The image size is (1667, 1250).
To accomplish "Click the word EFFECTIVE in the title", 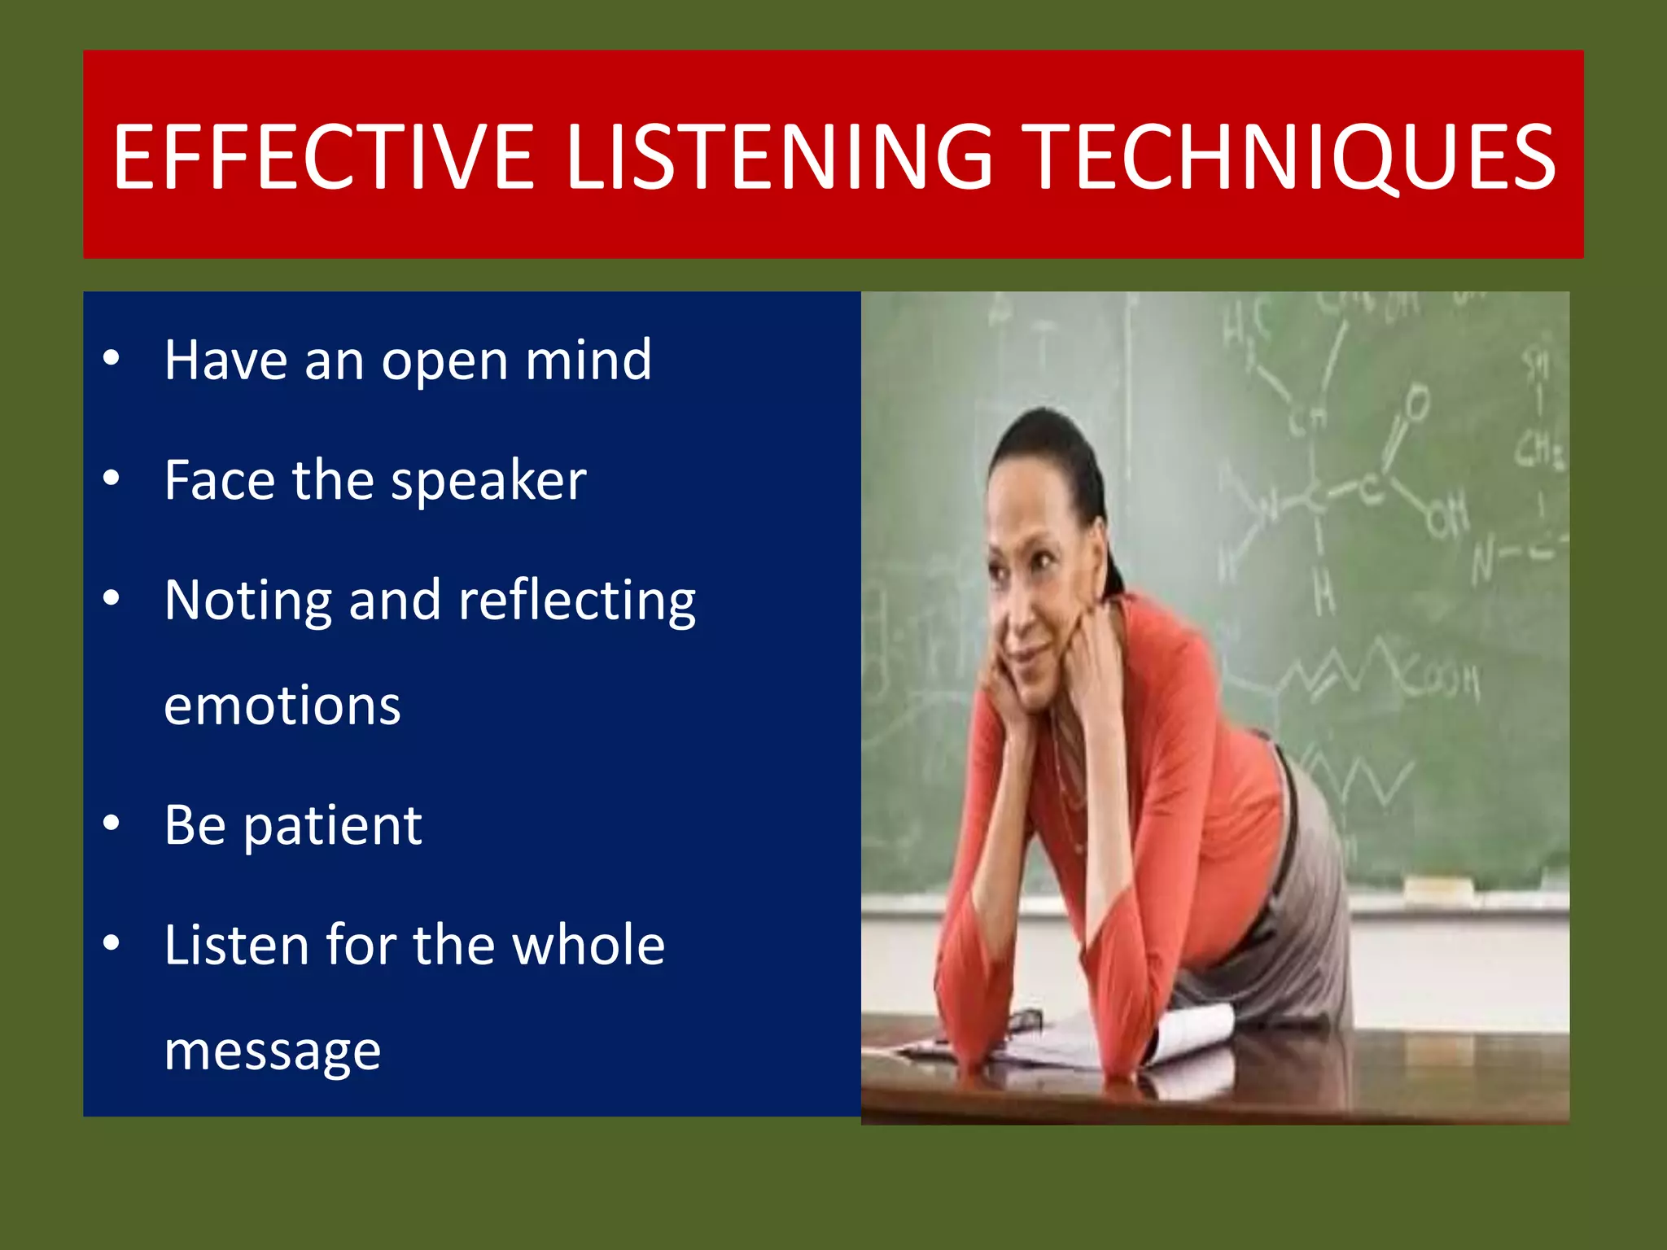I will [322, 157].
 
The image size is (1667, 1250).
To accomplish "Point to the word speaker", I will [488, 480].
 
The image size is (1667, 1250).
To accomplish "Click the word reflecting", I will [576, 601].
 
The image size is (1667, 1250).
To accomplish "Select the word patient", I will [333, 825].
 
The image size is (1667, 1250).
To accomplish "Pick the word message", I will [272, 1051].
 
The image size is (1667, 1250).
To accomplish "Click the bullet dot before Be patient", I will [112, 823].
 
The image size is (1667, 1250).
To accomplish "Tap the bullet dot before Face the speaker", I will [112, 478].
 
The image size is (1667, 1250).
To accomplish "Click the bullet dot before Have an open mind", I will [112, 357].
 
